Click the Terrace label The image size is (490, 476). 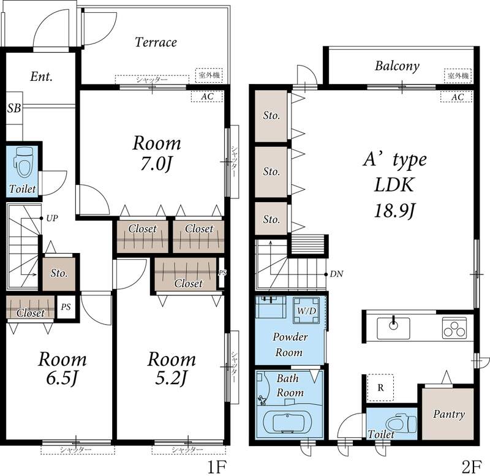(156, 42)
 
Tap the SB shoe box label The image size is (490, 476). (14, 108)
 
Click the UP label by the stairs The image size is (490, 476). (52, 218)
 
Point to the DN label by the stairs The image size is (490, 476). (336, 274)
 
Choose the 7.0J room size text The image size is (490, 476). (156, 164)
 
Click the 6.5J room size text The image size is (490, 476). (62, 378)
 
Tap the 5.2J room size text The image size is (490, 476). (171, 378)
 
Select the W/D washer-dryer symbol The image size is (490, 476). (306, 310)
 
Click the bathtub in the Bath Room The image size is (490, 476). (287, 422)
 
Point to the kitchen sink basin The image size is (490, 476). (393, 328)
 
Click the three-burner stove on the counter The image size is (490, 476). (454, 328)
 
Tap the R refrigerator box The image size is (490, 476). (380, 388)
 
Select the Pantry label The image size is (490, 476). (449, 414)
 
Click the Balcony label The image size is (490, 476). (397, 66)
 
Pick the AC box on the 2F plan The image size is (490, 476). (457, 97)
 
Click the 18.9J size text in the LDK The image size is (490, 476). (394, 210)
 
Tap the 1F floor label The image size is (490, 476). (217, 467)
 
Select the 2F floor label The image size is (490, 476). (471, 467)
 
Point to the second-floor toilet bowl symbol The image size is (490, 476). (402, 423)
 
